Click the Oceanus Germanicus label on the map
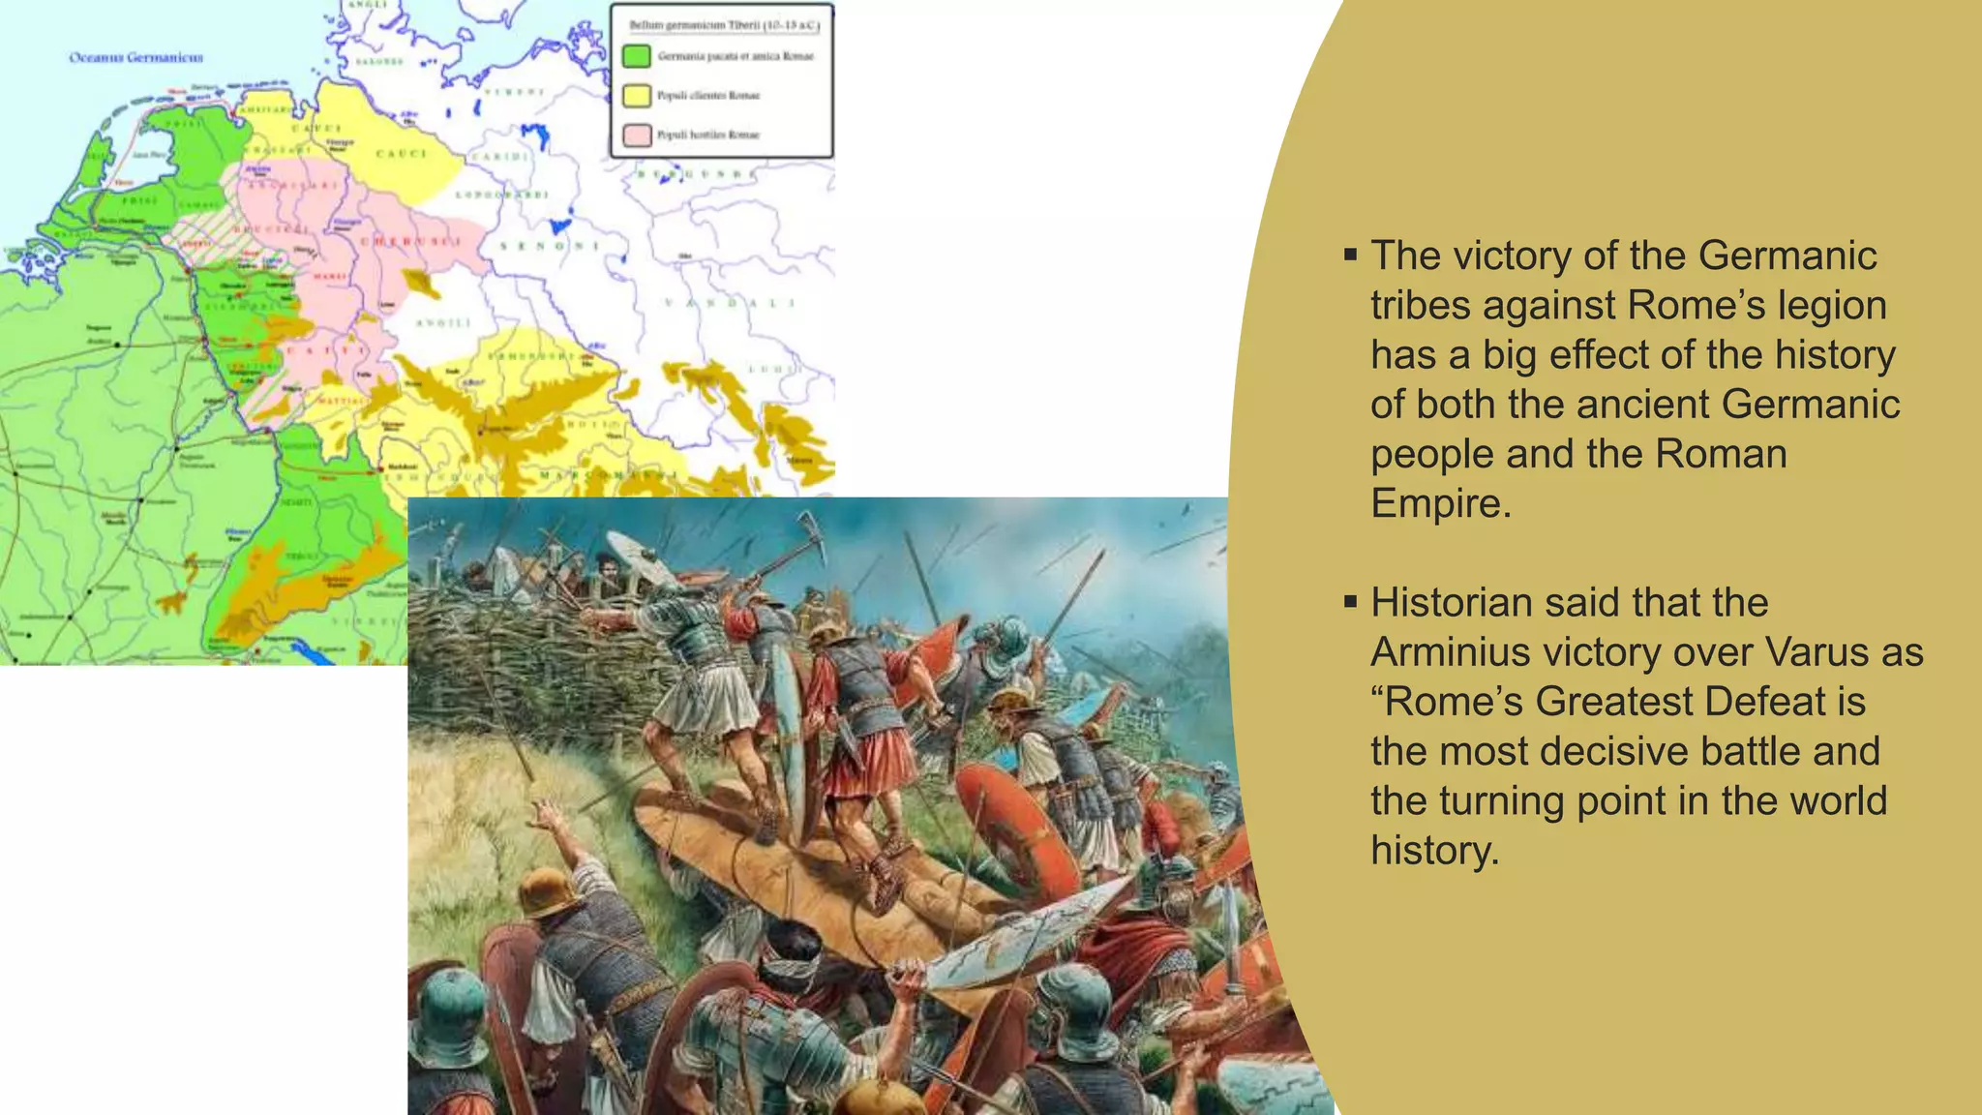tap(135, 57)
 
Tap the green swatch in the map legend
tap(636, 56)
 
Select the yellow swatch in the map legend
tap(636, 95)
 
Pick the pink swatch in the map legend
tap(636, 135)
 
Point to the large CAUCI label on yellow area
tap(401, 153)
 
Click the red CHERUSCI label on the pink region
tap(411, 241)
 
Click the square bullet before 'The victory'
tap(1350, 256)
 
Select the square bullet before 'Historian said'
tap(1350, 602)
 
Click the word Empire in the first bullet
tap(1439, 503)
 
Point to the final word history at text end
tap(1434, 851)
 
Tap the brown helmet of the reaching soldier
tap(548, 891)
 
